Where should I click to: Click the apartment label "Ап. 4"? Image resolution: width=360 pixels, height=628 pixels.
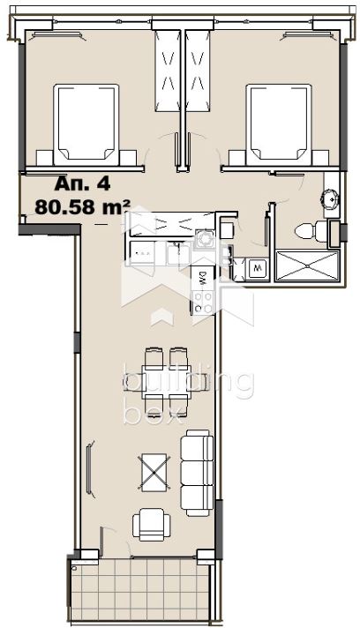coord(82,183)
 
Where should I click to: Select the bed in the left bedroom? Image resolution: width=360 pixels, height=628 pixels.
coord(86,124)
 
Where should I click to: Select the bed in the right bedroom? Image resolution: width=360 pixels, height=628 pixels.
coord(279,124)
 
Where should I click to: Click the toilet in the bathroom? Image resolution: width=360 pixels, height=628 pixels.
coord(311,231)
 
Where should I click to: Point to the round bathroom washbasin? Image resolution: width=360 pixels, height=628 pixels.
coord(330,198)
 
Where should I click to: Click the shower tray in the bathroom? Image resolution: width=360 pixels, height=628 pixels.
coord(308,265)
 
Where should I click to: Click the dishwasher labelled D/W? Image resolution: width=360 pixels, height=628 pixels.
coord(203,277)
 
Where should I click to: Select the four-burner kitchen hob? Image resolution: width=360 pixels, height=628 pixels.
coord(203,302)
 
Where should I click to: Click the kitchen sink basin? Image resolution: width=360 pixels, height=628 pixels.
coord(178,253)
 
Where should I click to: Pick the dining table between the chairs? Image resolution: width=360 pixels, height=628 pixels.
coord(165,382)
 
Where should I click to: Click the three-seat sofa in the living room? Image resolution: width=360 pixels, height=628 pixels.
coord(197,473)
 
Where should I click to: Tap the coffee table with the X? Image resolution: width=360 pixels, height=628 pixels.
coord(154,472)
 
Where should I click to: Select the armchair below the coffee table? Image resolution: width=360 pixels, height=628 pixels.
coord(152,524)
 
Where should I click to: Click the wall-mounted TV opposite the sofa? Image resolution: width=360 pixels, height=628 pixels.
coord(89,468)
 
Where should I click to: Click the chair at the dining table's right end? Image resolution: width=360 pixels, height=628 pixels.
coord(199,381)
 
